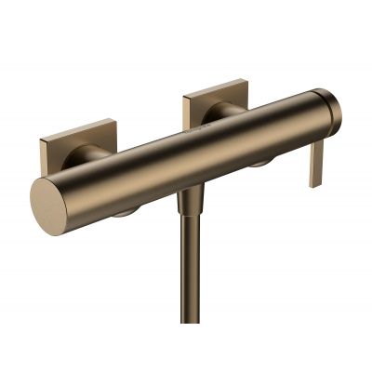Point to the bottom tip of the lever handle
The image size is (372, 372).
(x=315, y=183)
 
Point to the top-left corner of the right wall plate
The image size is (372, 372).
(x=185, y=94)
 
